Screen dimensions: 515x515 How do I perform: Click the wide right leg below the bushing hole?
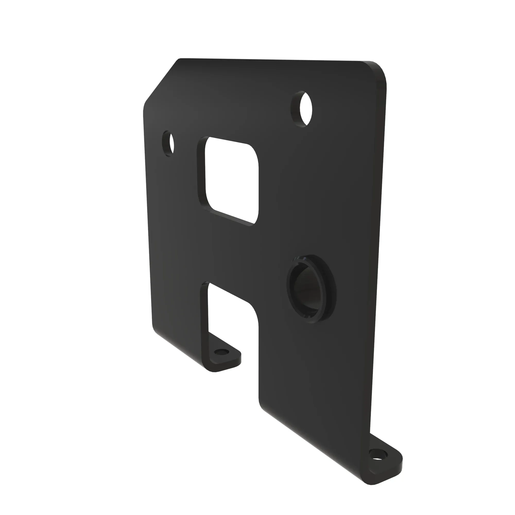coord(315,387)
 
